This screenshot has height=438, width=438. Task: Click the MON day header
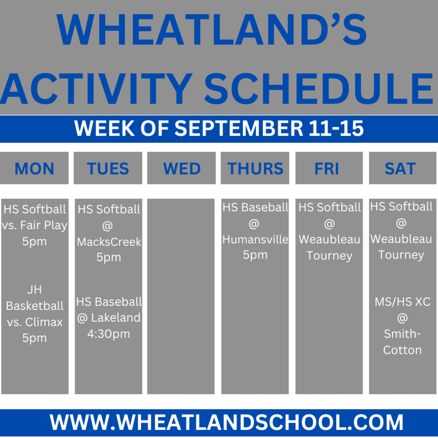(34, 169)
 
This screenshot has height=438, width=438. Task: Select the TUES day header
(108, 169)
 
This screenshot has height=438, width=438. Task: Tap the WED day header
(182, 169)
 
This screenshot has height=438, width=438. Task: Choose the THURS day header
(255, 169)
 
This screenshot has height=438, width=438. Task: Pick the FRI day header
(326, 169)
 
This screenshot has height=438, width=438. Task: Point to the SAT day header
(400, 169)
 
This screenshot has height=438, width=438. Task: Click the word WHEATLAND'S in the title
(211, 29)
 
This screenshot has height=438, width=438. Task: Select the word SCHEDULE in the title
(319, 88)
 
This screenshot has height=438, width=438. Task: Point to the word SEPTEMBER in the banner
(239, 128)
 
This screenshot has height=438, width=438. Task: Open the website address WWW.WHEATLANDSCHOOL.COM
(226, 422)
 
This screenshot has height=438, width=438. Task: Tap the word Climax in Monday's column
(44, 322)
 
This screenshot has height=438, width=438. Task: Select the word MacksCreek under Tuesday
(109, 242)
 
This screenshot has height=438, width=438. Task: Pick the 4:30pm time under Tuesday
(109, 334)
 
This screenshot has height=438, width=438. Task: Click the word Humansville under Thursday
(255, 240)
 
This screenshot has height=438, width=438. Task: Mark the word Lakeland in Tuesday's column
(115, 318)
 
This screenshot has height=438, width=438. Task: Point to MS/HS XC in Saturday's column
(402, 302)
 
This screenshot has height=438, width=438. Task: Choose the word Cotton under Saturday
(402, 350)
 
